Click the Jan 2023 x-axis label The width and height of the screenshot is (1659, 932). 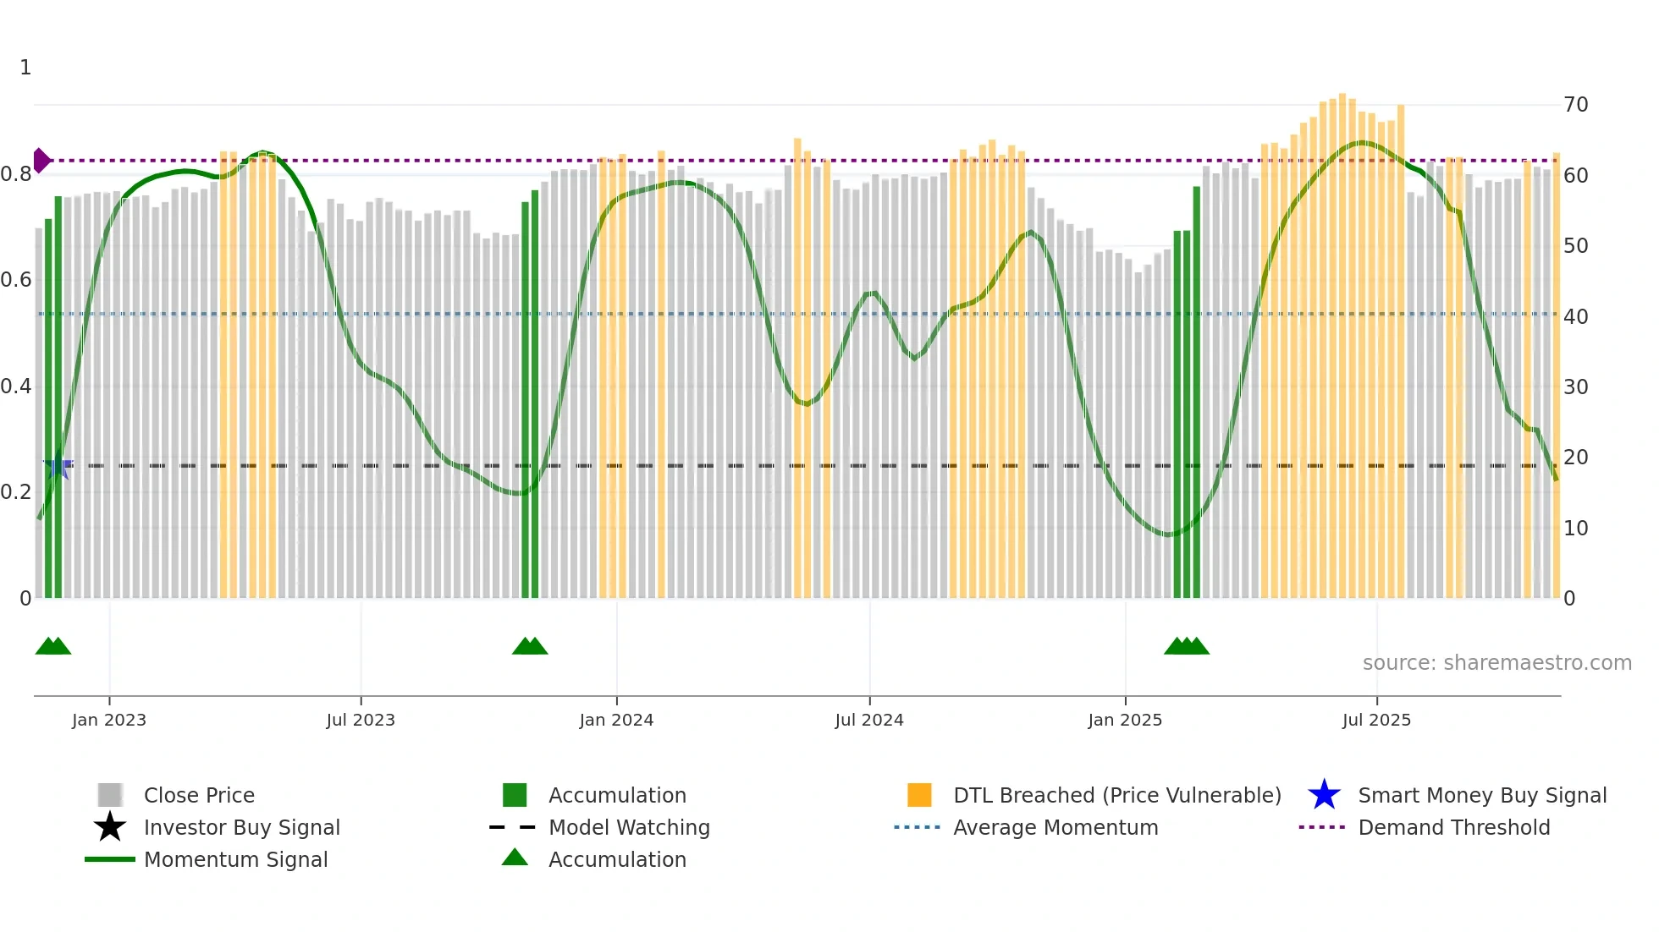pos(109,720)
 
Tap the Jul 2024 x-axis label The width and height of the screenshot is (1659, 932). pos(869,720)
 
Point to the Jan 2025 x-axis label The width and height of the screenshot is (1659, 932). pos(1125,720)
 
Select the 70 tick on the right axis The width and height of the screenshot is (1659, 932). pos(1575,105)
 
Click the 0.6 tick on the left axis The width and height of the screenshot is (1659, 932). pos(16,280)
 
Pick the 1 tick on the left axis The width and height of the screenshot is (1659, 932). pos(25,68)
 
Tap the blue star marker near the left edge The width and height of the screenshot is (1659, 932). pos(58,466)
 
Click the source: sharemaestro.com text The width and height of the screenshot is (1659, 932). pos(1496,663)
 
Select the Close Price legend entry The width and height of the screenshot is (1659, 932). pos(199,795)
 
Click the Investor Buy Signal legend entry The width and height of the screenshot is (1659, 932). pos(241,827)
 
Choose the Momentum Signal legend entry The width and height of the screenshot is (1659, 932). pos(235,859)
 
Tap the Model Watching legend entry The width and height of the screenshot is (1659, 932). pos(629,827)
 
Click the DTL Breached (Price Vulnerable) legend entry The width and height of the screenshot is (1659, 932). pos(1116,795)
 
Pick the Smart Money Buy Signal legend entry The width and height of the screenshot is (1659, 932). pos(1482,795)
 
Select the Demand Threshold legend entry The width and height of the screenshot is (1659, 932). pos(1453,827)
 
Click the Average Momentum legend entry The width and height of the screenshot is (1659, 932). pos(1055,827)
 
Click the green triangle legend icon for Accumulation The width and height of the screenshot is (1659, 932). pos(515,858)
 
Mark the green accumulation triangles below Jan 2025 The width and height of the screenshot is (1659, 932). pos(1186,647)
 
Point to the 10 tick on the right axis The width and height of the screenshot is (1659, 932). pos(1575,529)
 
